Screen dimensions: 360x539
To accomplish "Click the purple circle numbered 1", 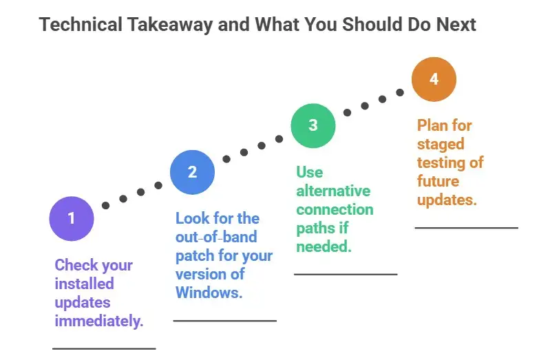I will pyautogui.click(x=71, y=218).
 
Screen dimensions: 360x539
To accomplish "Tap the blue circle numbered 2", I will pyautogui.click(x=192, y=172).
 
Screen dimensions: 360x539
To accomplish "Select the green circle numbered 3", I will pyautogui.click(x=313, y=125).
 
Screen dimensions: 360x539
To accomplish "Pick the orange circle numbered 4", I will pyautogui.click(x=434, y=78).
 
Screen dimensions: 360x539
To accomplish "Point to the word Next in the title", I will pyautogui.click(x=455, y=25).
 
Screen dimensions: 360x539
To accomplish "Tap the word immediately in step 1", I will pyautogui.click(x=99, y=321).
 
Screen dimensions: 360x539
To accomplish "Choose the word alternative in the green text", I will pyautogui.click(x=333, y=191).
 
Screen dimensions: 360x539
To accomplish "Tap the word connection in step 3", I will pyautogui.click(x=335, y=209).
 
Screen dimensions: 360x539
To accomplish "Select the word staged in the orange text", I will pyautogui.click(x=441, y=144).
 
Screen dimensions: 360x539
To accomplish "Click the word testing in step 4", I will pyautogui.click(x=440, y=162).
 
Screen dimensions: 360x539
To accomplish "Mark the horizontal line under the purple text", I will pyautogui.click(x=104, y=349).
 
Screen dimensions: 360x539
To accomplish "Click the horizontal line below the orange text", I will pyautogui.click(x=466, y=227).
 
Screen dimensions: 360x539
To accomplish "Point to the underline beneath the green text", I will pyautogui.click(x=346, y=274).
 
